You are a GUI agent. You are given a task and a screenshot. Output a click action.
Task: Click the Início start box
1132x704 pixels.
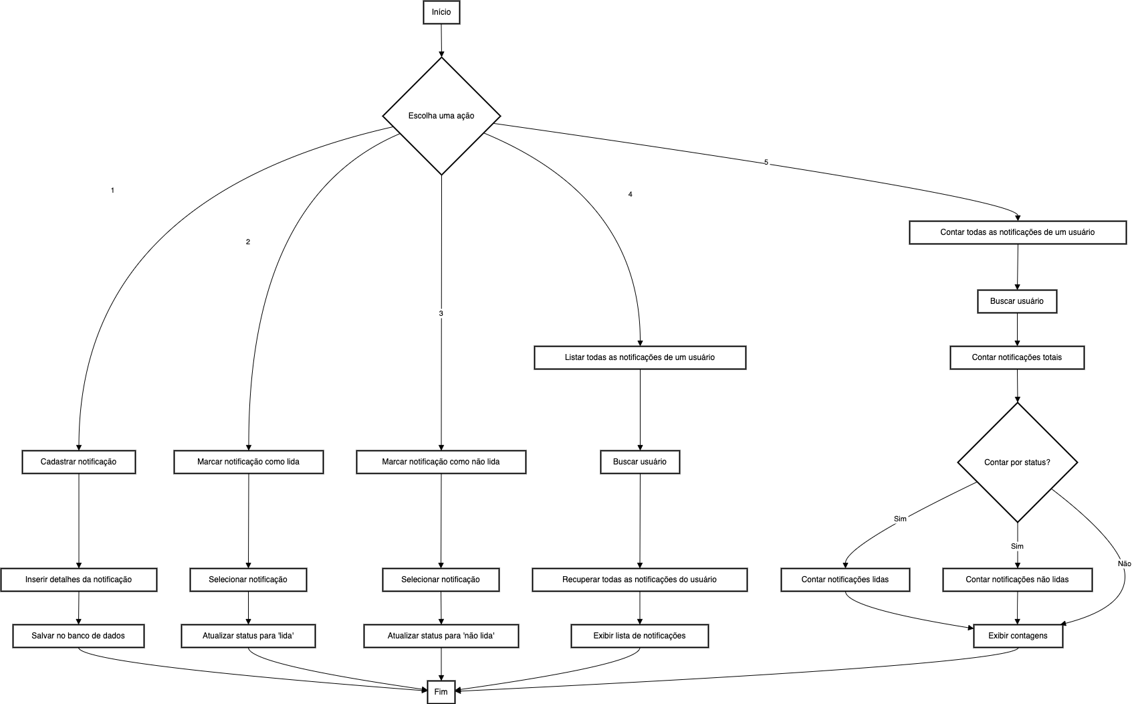point(441,13)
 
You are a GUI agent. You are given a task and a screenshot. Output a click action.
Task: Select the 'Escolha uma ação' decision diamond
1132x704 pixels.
point(441,116)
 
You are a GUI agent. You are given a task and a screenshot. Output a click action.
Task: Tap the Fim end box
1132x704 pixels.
point(441,691)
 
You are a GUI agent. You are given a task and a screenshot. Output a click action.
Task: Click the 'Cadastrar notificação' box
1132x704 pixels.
point(79,462)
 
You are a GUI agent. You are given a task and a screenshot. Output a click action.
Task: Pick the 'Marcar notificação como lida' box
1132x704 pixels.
point(249,462)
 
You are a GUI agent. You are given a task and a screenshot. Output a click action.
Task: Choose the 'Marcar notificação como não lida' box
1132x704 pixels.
point(441,462)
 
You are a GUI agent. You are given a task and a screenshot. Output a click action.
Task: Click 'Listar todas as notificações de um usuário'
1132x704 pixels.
point(640,357)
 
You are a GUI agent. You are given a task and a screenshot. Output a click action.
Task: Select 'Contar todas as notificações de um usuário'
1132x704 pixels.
point(1018,232)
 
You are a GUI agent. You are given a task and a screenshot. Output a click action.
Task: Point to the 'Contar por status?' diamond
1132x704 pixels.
point(1018,462)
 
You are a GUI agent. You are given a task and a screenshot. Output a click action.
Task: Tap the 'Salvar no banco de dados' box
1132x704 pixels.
point(78,635)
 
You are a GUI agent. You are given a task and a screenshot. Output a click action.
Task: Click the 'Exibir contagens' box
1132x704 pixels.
point(1018,635)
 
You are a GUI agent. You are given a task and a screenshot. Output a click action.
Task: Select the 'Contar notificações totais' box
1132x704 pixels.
point(1017,357)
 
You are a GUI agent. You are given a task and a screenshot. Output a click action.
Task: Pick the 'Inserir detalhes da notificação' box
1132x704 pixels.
point(79,580)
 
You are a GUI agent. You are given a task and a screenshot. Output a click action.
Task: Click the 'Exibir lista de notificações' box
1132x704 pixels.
point(640,635)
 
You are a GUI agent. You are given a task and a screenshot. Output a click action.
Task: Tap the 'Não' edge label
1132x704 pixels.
point(1125,563)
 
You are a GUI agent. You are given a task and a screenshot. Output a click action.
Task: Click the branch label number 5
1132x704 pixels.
point(766,163)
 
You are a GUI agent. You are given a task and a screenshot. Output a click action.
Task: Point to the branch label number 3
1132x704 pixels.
point(441,313)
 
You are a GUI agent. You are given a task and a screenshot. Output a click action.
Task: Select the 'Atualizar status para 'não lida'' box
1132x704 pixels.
point(441,635)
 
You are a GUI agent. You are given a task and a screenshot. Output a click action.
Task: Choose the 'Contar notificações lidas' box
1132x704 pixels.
point(845,580)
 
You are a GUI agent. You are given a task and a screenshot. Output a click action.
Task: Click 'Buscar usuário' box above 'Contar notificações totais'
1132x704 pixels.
point(1017,301)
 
